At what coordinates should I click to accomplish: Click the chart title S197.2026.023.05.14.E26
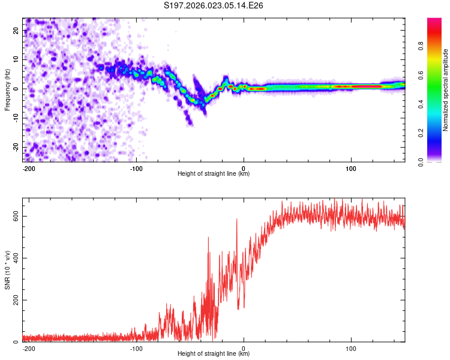pos(214,5)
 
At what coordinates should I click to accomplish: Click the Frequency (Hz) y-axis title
pos(7,89)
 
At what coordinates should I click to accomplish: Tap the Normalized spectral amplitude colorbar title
pos(445,89)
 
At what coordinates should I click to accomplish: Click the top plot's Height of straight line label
pos(214,173)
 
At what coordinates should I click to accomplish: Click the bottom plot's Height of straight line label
pos(214,353)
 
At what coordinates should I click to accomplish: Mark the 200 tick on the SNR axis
pos(13,300)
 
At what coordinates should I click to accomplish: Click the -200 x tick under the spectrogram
pos(28,168)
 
